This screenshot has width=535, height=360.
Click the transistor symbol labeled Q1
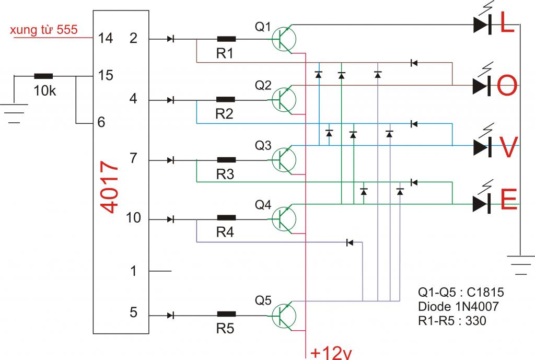pyautogui.click(x=284, y=39)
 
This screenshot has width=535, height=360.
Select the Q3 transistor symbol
pyautogui.click(x=284, y=160)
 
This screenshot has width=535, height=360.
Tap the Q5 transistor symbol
pyautogui.click(x=284, y=316)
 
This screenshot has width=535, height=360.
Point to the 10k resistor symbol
pyautogui.click(x=44, y=76)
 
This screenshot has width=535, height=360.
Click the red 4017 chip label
pyautogui.click(x=110, y=187)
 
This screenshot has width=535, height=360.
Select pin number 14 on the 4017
pyautogui.click(x=106, y=38)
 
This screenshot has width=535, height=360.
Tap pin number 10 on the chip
pyautogui.click(x=133, y=218)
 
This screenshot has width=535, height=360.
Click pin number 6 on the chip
pyautogui.click(x=101, y=122)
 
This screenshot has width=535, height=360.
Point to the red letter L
pyautogui.click(x=507, y=22)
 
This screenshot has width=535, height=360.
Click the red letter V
pyautogui.click(x=509, y=147)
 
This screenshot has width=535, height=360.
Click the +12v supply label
pyautogui.click(x=331, y=353)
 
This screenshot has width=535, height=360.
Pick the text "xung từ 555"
pyautogui.click(x=44, y=30)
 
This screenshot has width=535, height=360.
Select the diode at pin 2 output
pyautogui.click(x=171, y=39)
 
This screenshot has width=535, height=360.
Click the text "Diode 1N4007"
pyautogui.click(x=458, y=306)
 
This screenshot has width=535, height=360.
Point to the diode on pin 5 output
pyautogui.click(x=171, y=316)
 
